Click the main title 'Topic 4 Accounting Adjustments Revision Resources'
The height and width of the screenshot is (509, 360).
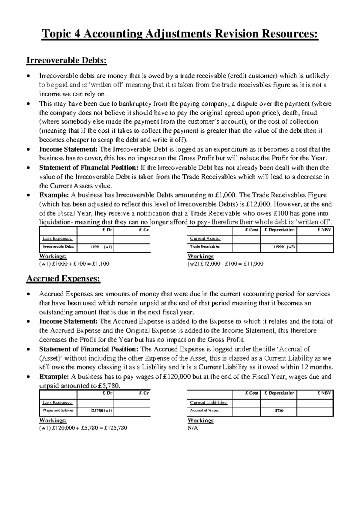click(180, 34)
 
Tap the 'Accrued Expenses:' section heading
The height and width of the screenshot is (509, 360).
click(63, 279)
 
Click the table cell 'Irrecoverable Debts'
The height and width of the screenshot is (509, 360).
click(58, 247)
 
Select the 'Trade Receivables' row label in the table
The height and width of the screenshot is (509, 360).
click(205, 247)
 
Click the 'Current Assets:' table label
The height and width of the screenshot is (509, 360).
click(205, 239)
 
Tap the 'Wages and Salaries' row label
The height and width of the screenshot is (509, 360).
click(58, 411)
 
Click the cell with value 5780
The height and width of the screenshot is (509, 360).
click(279, 411)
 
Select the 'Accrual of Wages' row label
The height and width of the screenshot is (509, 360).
click(204, 411)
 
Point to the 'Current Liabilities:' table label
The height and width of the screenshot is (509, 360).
click(209, 403)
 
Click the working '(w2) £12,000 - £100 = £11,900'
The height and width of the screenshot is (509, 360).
click(225, 264)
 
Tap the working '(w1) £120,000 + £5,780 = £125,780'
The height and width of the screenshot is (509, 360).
click(83, 428)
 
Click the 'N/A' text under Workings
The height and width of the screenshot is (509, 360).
click(193, 428)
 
